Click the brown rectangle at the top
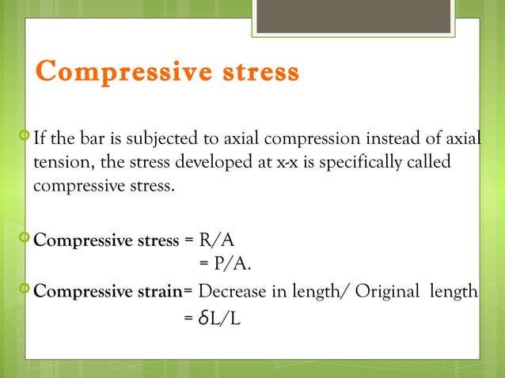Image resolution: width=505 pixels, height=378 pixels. point(355,15)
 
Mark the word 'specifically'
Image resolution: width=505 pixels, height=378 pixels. point(363,163)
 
